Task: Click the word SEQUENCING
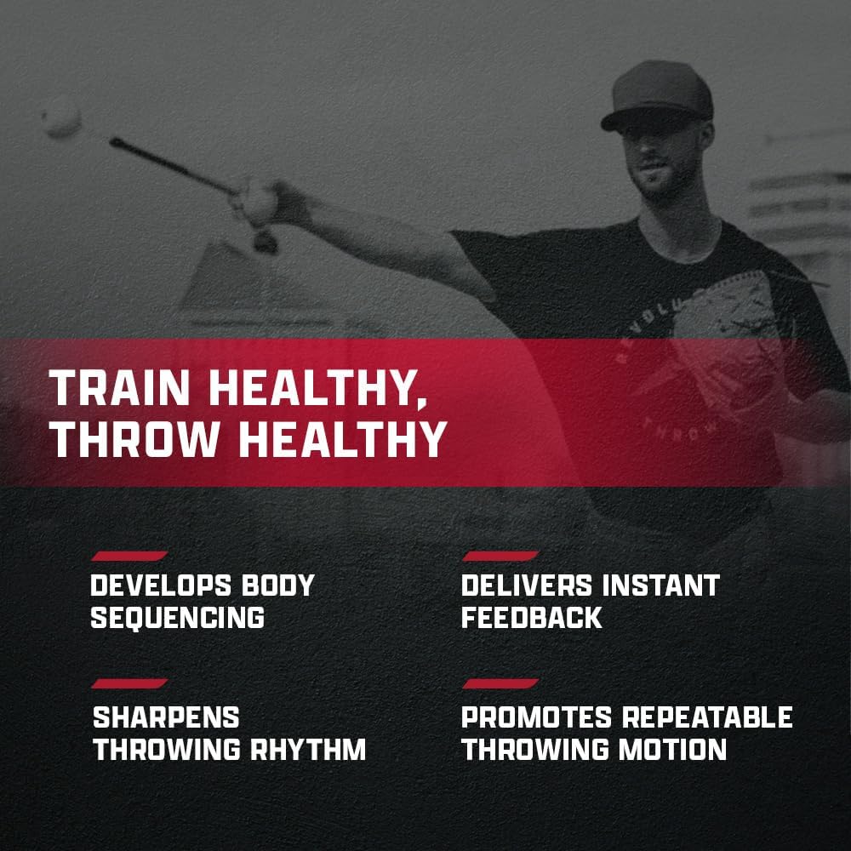[177, 617]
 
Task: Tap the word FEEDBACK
[532, 617]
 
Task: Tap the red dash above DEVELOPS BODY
[129, 556]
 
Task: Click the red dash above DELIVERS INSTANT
[500, 556]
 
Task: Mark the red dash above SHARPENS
[129, 683]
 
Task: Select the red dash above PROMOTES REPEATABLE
[500, 683]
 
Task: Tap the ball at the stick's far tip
[61, 117]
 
